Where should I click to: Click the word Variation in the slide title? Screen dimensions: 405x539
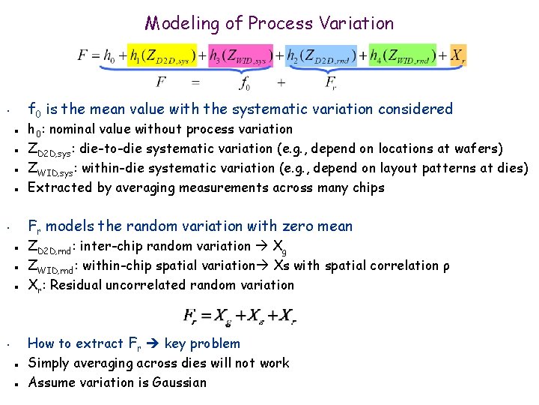[357, 23]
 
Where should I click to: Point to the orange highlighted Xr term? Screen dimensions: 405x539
[457, 55]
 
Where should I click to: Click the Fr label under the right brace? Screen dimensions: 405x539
[329, 82]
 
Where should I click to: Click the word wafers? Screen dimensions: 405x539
[477, 148]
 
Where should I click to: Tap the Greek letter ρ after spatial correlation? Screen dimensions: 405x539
[445, 266]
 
